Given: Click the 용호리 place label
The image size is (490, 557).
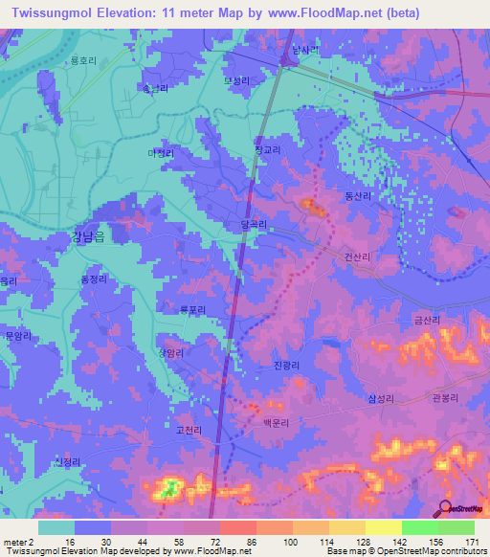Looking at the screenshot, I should pyautogui.click(x=84, y=59).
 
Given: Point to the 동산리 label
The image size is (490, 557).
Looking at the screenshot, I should pyautogui.click(x=358, y=195).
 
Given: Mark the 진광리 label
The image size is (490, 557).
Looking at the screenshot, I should pyautogui.click(x=288, y=366).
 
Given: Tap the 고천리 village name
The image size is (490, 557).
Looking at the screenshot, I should pyautogui.click(x=189, y=432).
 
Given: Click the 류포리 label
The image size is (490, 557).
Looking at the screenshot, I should pyautogui.click(x=192, y=308).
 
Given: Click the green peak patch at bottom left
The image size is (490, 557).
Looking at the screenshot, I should pyautogui.click(x=168, y=490).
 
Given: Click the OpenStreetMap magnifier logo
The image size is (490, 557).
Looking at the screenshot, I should pyautogui.click(x=445, y=508).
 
